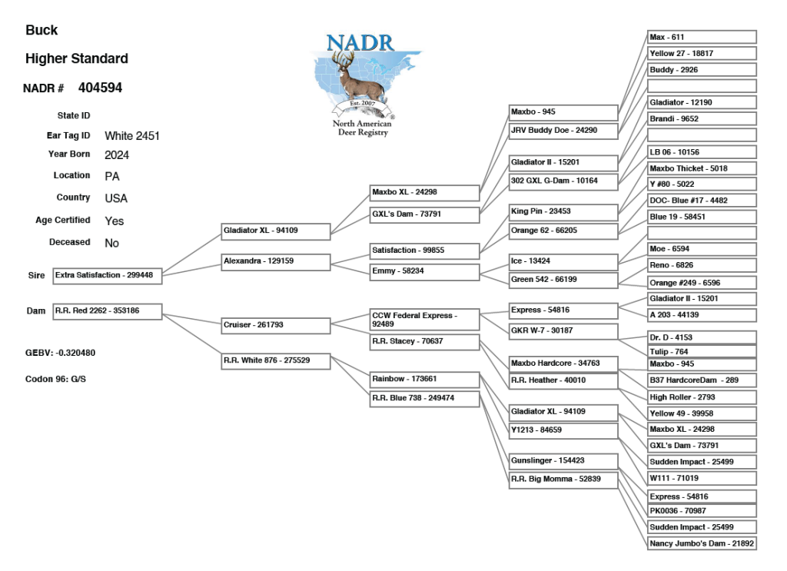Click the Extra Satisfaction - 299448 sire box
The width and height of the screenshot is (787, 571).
click(x=107, y=276)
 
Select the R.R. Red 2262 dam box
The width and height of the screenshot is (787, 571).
click(x=107, y=311)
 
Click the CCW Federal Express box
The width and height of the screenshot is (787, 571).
click(x=425, y=320)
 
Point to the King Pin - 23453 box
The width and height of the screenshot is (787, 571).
click(x=563, y=212)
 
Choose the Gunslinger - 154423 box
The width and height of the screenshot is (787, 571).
click(x=563, y=461)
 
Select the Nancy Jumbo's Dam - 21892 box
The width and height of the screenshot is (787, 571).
click(x=702, y=543)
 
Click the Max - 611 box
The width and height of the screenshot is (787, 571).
click(x=702, y=37)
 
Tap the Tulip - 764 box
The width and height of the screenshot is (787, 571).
click(x=702, y=352)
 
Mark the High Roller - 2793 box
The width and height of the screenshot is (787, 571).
click(x=702, y=397)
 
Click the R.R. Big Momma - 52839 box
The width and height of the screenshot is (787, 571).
click(x=563, y=480)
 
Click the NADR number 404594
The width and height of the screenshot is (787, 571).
click(x=100, y=88)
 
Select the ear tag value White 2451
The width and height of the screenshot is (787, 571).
click(x=132, y=136)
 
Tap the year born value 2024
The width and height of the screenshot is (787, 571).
click(x=117, y=155)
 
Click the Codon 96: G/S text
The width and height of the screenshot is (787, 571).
click(x=55, y=380)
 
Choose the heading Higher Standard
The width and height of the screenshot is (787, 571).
click(x=77, y=59)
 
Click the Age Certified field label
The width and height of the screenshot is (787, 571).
click(x=63, y=220)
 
